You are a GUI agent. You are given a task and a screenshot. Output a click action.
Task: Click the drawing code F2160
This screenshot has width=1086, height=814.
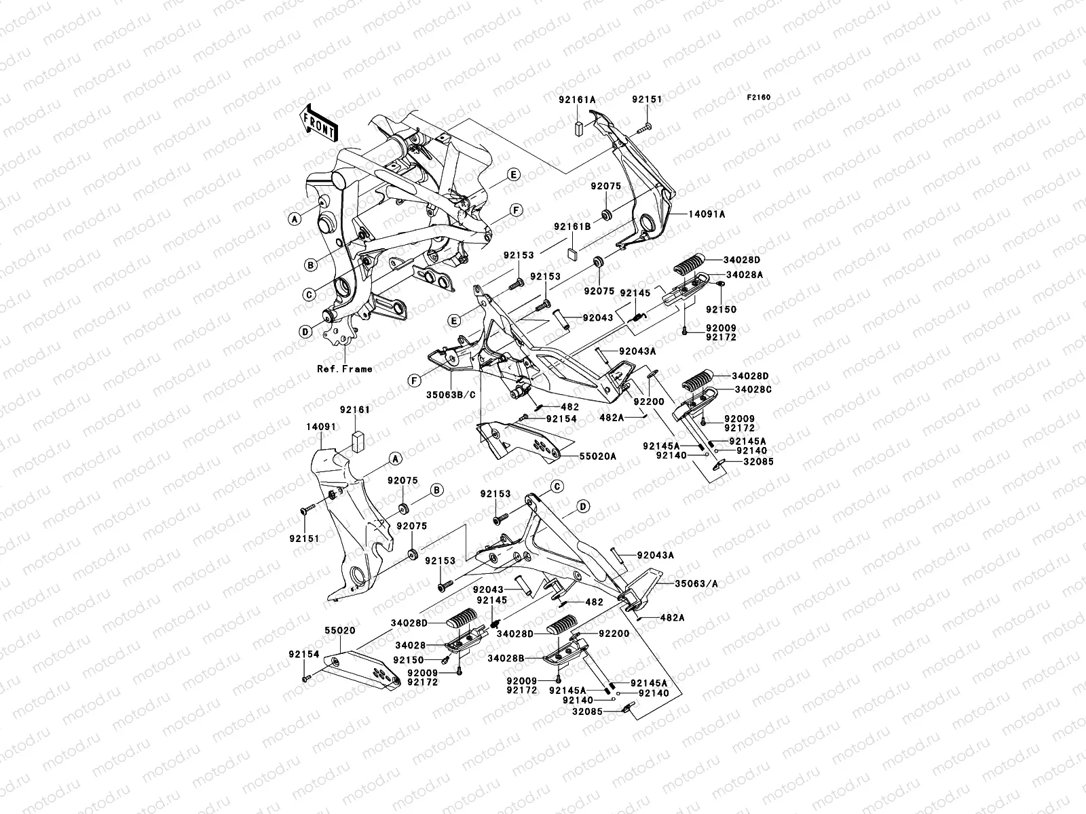(760, 98)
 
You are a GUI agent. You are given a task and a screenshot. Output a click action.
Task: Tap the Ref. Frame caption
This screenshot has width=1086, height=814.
(345, 369)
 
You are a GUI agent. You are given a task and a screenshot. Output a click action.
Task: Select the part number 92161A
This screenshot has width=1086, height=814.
(577, 99)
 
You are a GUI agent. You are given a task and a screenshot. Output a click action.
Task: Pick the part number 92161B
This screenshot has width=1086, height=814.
(572, 226)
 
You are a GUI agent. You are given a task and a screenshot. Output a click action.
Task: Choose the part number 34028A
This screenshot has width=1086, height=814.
(726, 275)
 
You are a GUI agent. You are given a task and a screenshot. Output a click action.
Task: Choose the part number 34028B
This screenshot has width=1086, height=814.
(506, 657)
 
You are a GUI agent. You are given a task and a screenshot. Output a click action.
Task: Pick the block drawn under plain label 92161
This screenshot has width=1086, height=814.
(359, 440)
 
